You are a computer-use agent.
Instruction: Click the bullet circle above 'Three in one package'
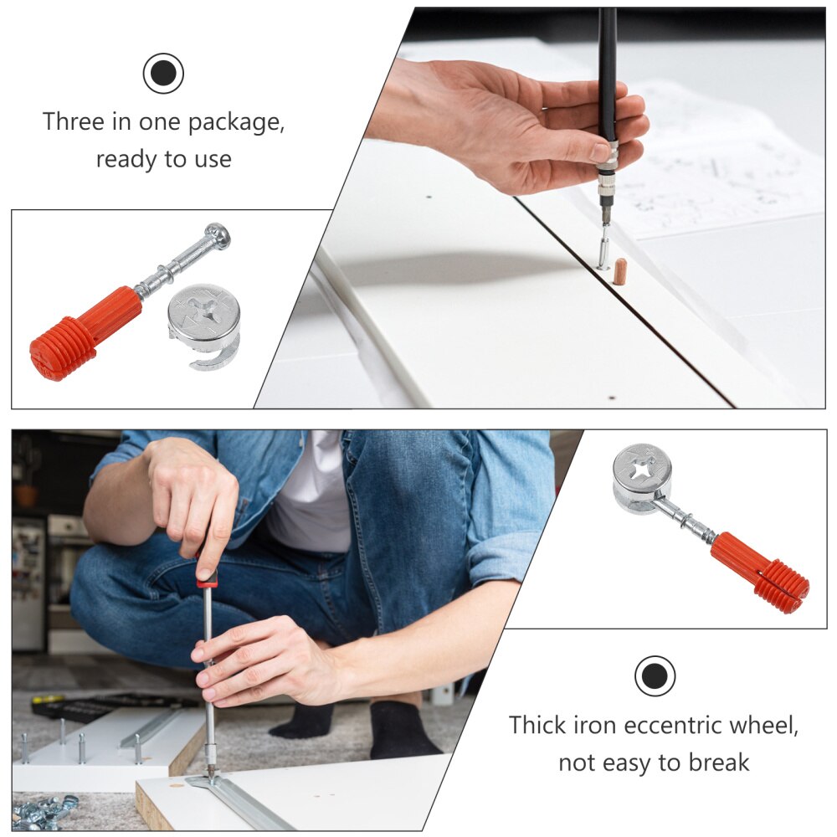163,74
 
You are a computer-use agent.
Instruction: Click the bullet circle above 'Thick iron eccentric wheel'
655,676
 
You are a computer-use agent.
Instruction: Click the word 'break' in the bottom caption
719,763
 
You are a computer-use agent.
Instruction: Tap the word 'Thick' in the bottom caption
537,725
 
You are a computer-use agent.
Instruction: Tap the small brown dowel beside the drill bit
619,271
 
